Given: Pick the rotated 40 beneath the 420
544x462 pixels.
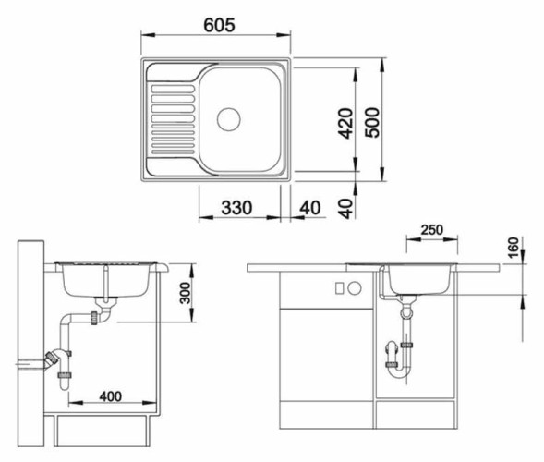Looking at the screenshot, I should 345,206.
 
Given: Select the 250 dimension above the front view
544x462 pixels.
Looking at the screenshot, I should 429,229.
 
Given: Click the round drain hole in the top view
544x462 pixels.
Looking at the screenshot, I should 227,118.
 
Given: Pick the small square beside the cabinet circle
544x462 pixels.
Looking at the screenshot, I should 340,286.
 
